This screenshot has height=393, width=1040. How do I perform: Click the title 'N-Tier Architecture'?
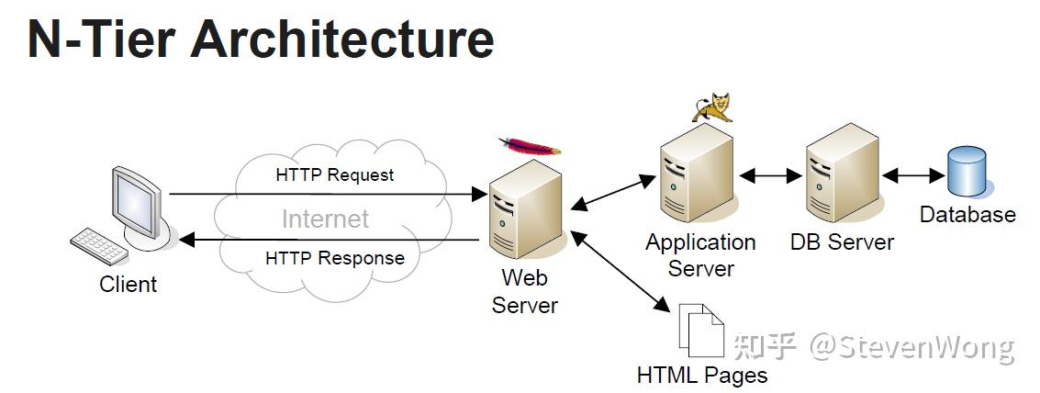[261, 39]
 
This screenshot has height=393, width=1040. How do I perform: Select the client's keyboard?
[99, 246]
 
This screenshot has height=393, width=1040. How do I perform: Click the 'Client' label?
[128, 284]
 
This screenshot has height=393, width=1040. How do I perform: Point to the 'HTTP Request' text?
[335, 175]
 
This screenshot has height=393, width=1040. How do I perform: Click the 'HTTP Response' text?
[335, 258]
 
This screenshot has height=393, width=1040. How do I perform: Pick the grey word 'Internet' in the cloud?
[325, 219]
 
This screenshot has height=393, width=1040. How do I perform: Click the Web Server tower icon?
[525, 208]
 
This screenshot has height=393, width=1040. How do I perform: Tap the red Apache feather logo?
[530, 145]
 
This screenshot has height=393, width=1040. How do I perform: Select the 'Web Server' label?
[525, 291]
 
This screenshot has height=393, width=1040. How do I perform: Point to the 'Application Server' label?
[700, 255]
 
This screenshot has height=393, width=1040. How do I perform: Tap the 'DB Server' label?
[842, 241]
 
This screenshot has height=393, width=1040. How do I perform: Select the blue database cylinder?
[967, 171]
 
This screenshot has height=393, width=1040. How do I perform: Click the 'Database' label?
[967, 215]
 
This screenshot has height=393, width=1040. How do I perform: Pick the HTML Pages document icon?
[701, 330]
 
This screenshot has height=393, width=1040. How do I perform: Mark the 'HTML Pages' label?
[701, 375]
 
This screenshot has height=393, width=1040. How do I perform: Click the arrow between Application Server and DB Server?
[770, 176]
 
